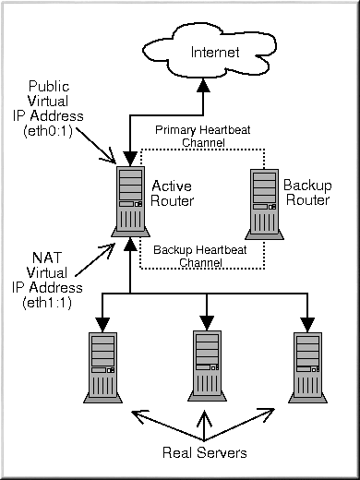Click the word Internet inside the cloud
215,53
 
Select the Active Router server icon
130,201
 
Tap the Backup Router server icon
264,204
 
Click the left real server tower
102,367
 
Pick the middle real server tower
207,366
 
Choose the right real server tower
307,367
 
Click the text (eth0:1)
48,131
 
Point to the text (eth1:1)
47,303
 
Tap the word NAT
47,258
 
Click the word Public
49,87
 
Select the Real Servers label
205,452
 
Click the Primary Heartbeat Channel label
203,136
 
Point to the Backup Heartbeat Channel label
200,256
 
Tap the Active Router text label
172,194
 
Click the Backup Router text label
307,193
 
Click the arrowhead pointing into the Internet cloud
203,85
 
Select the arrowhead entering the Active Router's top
130,159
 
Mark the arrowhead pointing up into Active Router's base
130,244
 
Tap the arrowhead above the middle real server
207,323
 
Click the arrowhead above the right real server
307,325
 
